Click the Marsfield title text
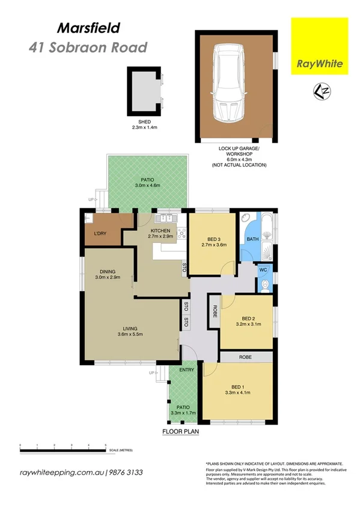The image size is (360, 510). (88, 27)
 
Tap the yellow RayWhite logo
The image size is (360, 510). (320, 48)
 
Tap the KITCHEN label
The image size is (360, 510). (160, 231)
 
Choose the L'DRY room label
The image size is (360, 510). (100, 233)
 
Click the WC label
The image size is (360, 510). (263, 270)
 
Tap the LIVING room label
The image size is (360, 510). (130, 328)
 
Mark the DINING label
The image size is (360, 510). (108, 271)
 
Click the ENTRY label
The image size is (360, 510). (186, 370)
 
